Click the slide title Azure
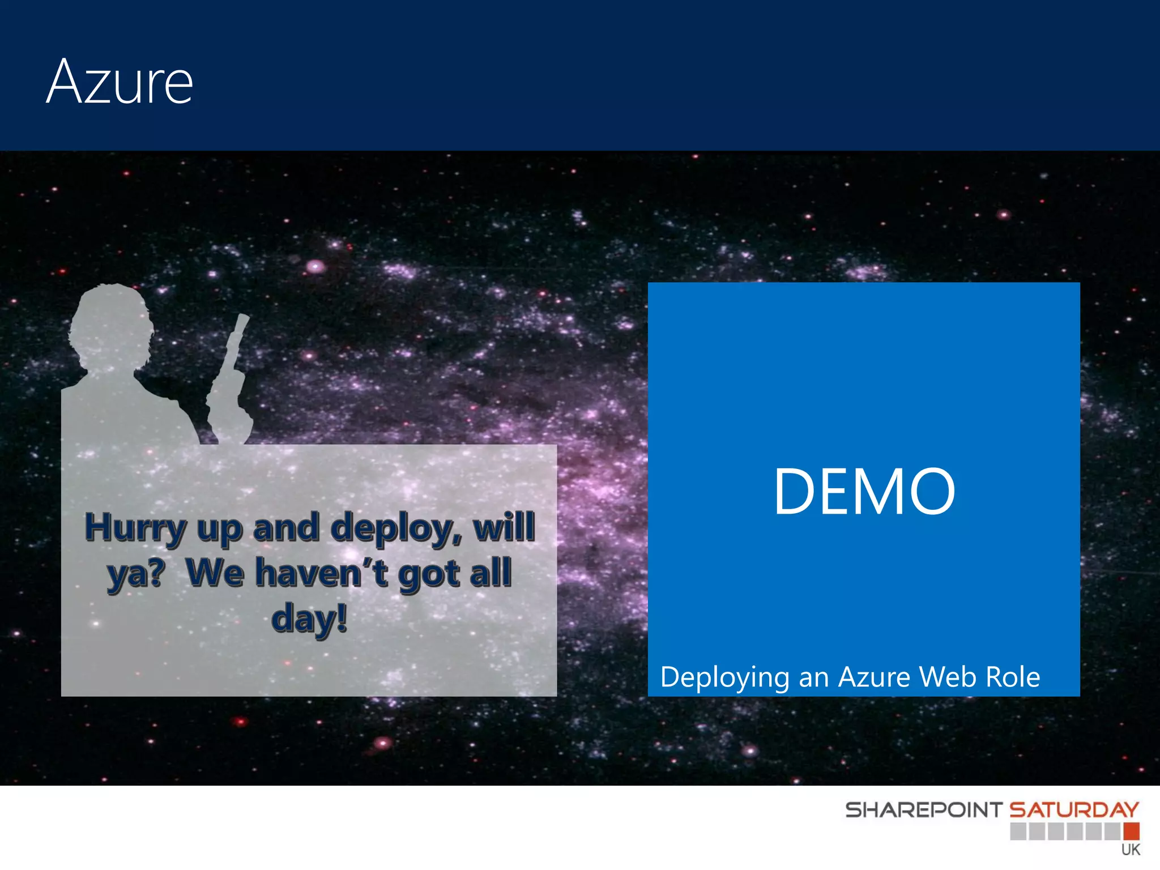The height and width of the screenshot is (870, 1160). click(x=120, y=82)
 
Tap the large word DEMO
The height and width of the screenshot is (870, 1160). click(x=864, y=492)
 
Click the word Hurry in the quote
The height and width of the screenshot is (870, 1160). click(x=135, y=528)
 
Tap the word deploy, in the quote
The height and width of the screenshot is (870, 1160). click(x=396, y=528)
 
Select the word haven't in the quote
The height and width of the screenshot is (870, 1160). click(x=322, y=573)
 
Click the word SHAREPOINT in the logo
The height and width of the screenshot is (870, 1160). click(x=923, y=810)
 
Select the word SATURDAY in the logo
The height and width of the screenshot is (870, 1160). click(x=1074, y=810)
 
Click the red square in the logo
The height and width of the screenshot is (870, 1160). click(x=1131, y=831)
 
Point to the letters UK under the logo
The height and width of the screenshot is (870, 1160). click(x=1131, y=850)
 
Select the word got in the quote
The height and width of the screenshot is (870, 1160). click(x=429, y=574)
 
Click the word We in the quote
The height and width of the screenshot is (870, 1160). click(x=215, y=573)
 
